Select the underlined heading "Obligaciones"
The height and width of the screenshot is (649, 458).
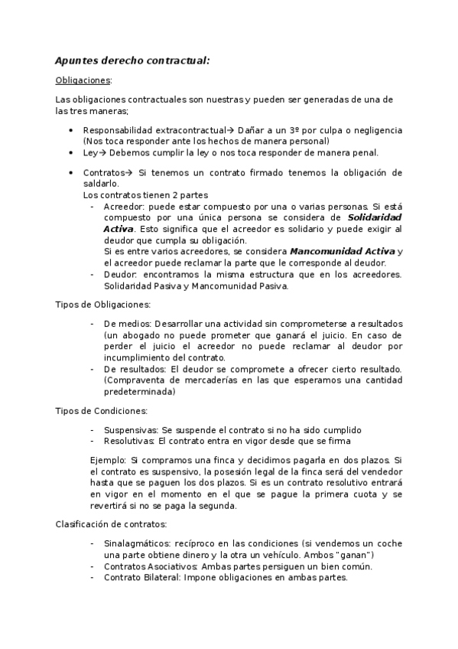coord(83,80)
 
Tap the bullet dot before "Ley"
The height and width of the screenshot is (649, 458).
coord(71,152)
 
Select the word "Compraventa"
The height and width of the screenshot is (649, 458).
coord(135,380)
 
